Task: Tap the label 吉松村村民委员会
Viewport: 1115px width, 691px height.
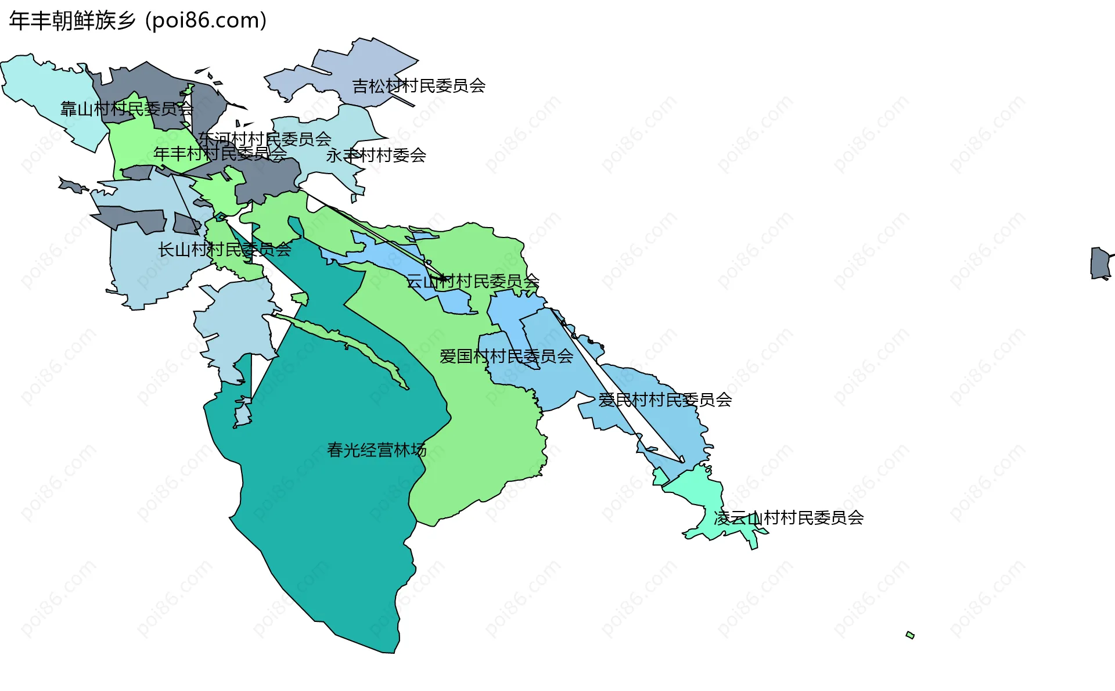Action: [x=419, y=86]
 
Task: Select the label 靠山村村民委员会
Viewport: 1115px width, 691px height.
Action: [x=127, y=109]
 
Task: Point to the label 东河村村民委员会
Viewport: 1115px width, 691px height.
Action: [x=264, y=139]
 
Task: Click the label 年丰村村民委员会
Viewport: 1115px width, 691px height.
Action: [x=220, y=154]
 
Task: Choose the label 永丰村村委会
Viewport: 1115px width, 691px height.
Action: [x=376, y=156]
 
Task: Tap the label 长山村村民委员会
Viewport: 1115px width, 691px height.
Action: [x=224, y=250]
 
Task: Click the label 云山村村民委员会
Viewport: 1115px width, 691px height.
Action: [x=472, y=282]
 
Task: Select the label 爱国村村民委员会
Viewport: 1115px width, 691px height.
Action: [x=506, y=356]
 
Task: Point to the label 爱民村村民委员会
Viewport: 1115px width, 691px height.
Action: [x=664, y=400]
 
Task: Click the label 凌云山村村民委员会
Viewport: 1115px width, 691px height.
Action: [x=788, y=517]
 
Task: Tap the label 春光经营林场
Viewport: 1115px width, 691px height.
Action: [x=376, y=450]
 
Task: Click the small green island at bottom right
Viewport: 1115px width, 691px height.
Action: [x=910, y=635]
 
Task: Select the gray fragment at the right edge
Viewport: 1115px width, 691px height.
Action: [x=1100, y=263]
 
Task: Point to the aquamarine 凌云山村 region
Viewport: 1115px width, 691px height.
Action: [x=697, y=494]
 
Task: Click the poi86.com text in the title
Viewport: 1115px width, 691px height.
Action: [x=206, y=21]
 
